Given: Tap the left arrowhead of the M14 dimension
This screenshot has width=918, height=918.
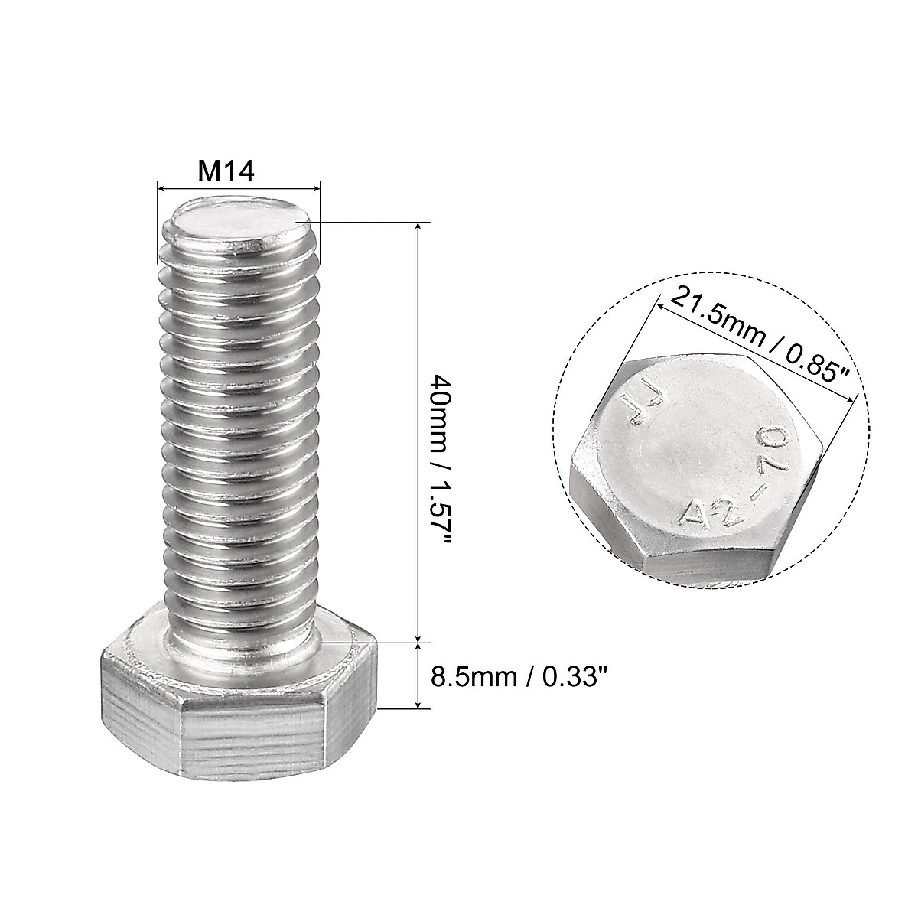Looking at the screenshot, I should tap(161, 187).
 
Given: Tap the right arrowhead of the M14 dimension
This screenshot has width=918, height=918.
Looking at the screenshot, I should tap(316, 187).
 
